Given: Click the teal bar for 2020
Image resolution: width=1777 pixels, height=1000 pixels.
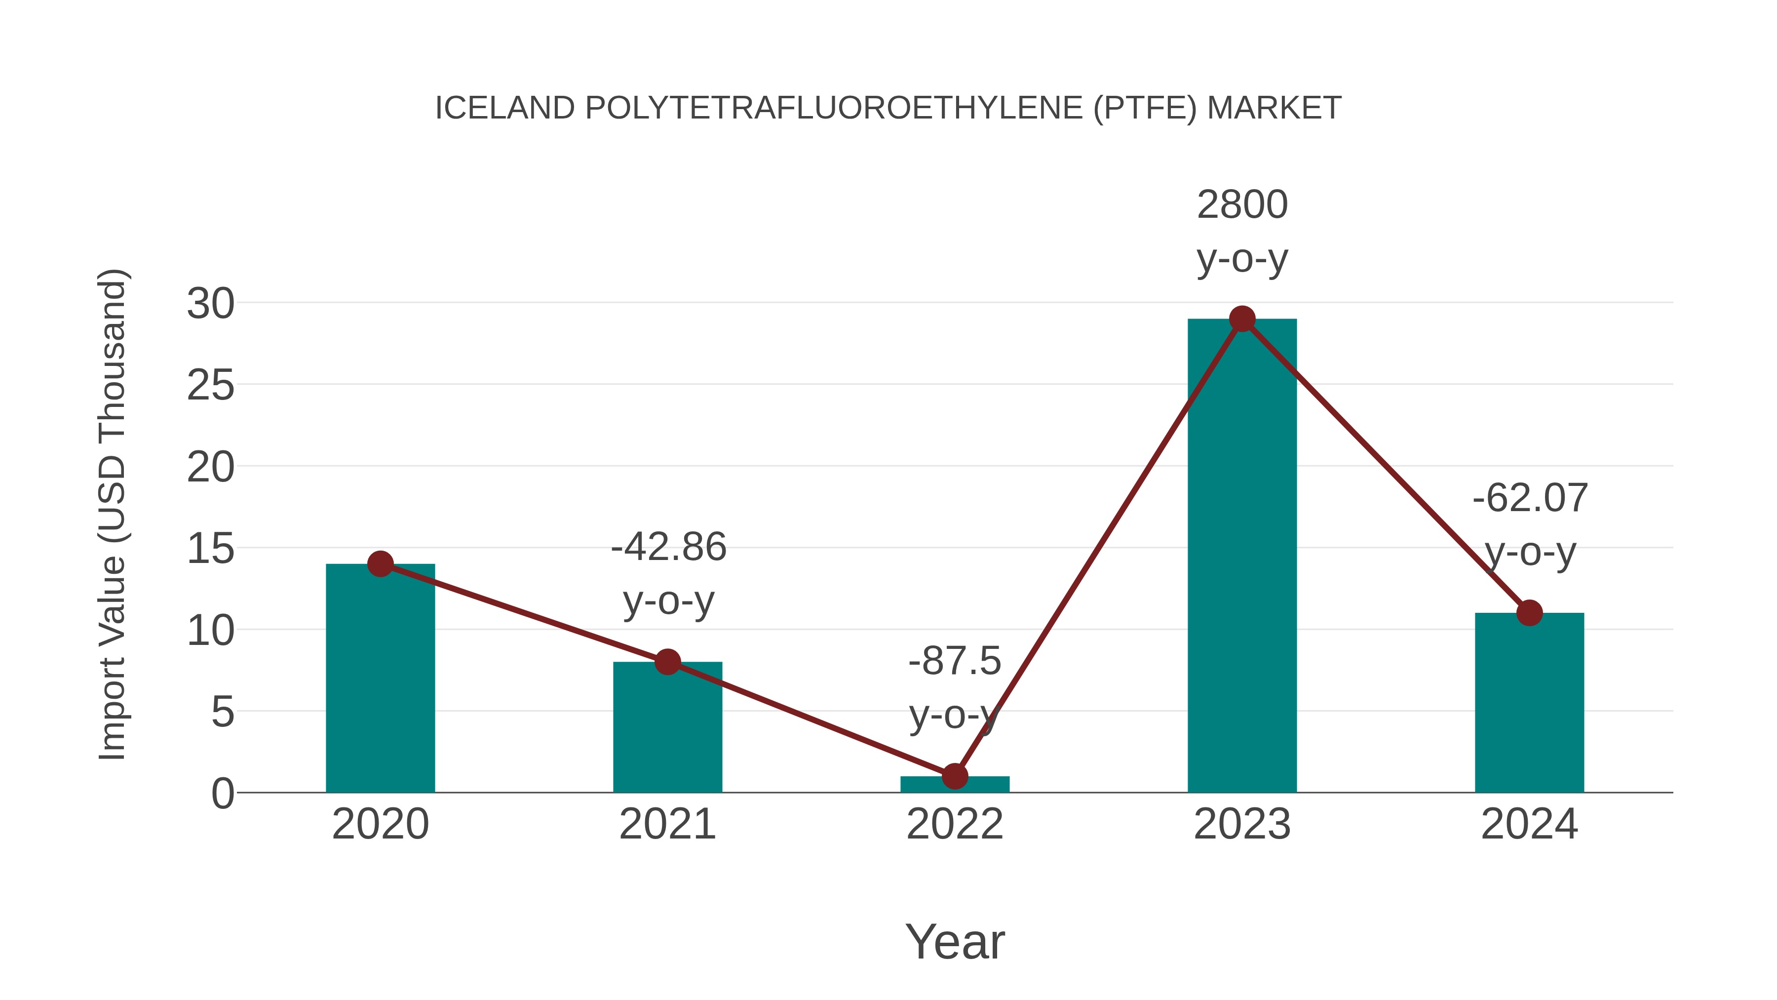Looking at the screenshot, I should (380, 683).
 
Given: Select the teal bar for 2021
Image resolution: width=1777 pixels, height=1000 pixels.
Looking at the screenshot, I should (667, 731).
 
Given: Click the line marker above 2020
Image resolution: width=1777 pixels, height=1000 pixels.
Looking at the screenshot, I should (380, 564).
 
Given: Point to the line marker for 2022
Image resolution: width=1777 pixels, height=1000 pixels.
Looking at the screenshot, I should (955, 776).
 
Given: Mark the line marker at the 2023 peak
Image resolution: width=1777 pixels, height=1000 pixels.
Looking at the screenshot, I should (1242, 319).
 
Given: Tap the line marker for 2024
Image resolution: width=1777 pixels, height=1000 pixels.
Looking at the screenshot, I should (1529, 613).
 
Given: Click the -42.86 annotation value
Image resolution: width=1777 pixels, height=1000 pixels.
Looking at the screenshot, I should (668, 547).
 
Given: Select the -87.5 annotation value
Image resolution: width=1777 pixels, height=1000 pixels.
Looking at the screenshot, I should (955, 661).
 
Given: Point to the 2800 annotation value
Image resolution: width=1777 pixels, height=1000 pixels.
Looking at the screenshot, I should (1242, 205).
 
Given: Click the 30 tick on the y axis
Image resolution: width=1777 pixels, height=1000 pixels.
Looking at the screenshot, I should (210, 304).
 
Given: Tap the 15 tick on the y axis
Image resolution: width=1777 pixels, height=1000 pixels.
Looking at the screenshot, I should (210, 549).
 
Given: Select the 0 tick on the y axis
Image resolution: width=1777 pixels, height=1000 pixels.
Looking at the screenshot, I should (222, 794).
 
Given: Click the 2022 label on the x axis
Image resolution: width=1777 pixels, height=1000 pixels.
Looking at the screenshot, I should (955, 824).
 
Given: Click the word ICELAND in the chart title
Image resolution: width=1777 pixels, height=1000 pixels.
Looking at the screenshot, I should (505, 108).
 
